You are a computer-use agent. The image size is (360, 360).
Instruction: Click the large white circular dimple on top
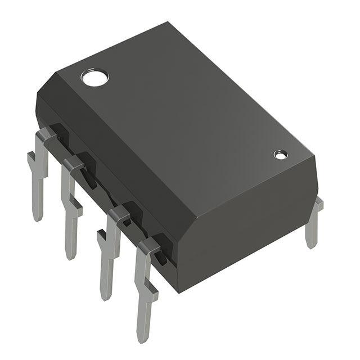tap(93, 77)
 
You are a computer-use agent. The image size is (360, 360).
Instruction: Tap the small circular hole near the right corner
tap(280, 154)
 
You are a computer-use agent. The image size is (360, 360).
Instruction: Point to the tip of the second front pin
tap(70, 256)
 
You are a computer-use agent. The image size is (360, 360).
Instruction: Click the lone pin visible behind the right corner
tap(313, 225)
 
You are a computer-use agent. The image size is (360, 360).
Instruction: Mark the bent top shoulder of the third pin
tap(118, 213)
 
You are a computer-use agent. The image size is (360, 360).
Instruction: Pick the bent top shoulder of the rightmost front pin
tap(148, 244)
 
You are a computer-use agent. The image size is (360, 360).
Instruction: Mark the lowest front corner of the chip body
tap(179, 291)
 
